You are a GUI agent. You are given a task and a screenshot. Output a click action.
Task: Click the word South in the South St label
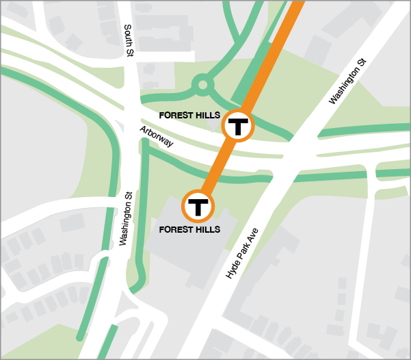point(128,34)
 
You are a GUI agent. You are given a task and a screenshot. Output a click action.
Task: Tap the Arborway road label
point(157,137)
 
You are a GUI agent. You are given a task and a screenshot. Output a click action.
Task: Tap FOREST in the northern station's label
point(176,115)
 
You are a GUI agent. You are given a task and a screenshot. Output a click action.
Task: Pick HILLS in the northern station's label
point(207,115)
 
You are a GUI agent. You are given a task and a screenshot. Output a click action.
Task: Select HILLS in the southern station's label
point(207,229)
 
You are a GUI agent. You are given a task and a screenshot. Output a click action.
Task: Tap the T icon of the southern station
point(198,205)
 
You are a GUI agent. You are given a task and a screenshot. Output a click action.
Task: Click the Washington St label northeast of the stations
point(347,81)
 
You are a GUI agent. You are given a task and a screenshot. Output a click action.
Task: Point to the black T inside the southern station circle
point(198,205)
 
